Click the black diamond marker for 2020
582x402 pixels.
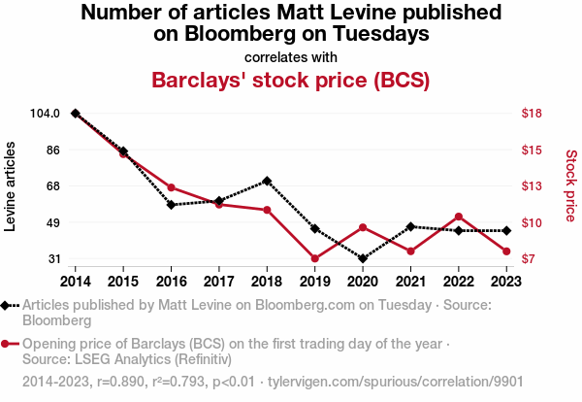point(362,259)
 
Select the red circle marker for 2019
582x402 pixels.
point(314,258)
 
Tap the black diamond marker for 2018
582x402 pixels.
point(267,181)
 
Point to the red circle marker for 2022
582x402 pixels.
point(458,217)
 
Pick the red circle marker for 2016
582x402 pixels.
point(171,187)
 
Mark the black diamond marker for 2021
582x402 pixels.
point(410,226)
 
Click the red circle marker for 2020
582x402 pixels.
point(362,227)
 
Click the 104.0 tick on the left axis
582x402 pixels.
point(46,114)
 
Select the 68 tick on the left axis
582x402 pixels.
point(53,186)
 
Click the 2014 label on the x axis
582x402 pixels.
point(76,281)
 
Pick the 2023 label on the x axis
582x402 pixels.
point(505,281)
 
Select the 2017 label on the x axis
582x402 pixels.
point(219,281)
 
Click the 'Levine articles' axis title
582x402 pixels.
point(13,186)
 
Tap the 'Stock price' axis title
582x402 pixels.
point(570,186)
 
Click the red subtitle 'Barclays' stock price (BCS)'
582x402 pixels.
point(291,79)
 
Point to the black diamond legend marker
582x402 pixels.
point(9,305)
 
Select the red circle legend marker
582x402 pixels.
point(9,344)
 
